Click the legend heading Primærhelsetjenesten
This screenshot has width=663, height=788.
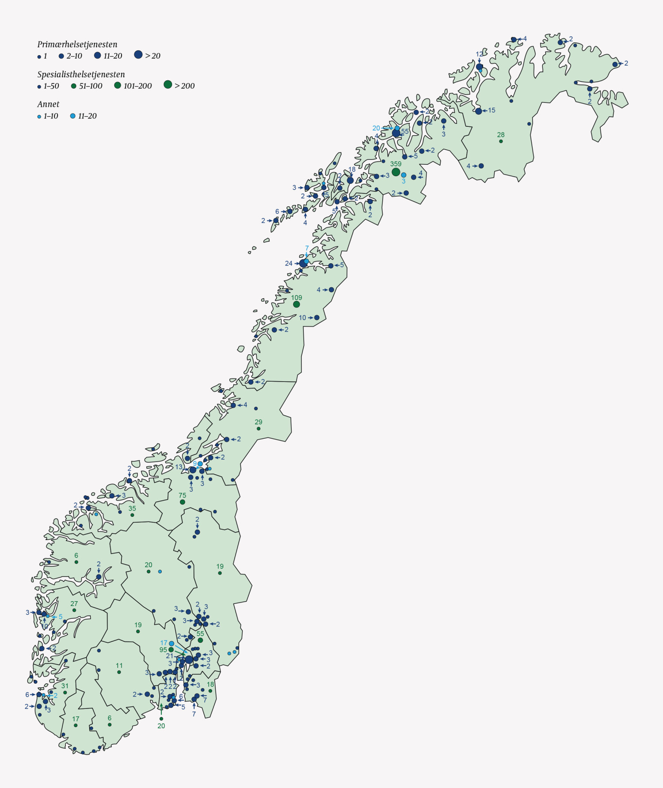[77, 44]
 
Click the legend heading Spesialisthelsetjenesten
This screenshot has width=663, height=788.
[81, 74]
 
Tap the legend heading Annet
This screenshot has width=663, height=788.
[48, 104]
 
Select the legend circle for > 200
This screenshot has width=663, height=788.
[168, 84]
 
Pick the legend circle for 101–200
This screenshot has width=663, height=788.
[118, 85]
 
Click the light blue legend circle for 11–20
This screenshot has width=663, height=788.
[73, 116]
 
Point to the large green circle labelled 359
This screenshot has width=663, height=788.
[396, 172]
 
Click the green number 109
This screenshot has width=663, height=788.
[296, 298]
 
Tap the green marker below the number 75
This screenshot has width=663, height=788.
[183, 502]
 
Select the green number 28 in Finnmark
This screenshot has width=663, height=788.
[500, 135]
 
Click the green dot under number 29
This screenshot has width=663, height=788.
[259, 428]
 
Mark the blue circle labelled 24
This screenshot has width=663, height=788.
[303, 263]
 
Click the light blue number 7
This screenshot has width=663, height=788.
[307, 248]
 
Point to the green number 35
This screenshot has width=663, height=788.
[132, 508]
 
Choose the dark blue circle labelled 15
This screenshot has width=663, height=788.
[479, 111]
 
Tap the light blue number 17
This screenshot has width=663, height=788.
[164, 643]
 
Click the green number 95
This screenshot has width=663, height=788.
[163, 650]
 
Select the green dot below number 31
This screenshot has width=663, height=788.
[65, 693]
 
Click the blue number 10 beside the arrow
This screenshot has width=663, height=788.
[302, 318]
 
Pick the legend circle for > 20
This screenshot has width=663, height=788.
[138, 55]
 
